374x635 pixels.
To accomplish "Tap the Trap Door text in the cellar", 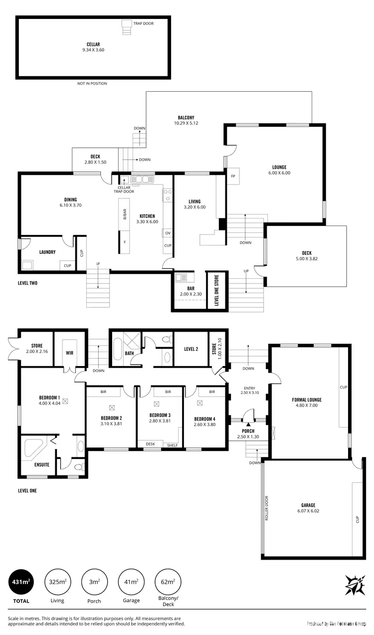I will pos(143,23).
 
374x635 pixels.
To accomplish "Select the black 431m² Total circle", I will pos(21,582).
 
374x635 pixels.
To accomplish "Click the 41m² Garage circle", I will pos(131,582).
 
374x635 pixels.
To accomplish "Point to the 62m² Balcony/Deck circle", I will pos(168,582).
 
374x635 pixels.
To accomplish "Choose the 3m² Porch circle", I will pos(94,582).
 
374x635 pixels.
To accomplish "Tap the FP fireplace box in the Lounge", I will pos(232,176).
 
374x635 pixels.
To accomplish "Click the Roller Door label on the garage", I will pos(267,508).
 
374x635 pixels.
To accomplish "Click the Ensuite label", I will pos(42,464).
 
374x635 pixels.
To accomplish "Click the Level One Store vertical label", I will pos(216,290).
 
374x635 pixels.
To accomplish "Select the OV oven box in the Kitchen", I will pos(167,233).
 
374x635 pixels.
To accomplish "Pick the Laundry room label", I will pos(47,252).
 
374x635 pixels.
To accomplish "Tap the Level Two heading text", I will pos(27,283).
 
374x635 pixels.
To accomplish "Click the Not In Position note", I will pos(92,83).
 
